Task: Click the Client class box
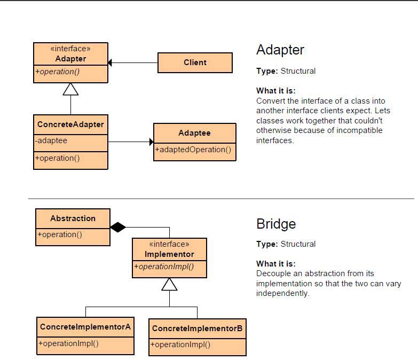195,62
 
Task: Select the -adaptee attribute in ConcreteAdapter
51,140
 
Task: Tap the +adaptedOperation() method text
193,150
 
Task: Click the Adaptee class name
194,133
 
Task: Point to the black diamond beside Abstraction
118,227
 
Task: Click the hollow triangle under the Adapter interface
70,89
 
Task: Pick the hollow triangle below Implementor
169,284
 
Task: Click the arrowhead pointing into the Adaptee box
152,142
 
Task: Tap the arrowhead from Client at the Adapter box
110,62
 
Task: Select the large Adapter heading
280,50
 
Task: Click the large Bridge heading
276,224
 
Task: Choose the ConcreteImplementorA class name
85,327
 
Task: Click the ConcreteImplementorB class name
198,328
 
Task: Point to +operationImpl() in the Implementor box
164,267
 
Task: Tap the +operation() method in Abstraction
60,234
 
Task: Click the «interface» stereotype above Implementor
169,244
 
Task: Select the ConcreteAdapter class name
70,124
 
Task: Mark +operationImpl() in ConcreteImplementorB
180,345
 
